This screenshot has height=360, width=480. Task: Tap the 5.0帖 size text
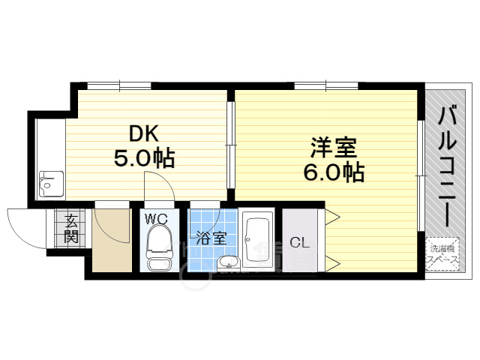pos(144,158)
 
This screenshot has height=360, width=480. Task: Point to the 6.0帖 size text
pos(334,172)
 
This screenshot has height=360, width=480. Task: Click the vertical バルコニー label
pos(448,169)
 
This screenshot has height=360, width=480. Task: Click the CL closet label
pos(298,242)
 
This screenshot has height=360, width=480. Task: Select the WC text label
pos(156,219)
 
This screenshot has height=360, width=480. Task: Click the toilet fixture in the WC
pos(157,247)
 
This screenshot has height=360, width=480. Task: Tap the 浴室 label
pos(211,239)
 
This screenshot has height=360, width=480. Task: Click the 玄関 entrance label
pos(71,228)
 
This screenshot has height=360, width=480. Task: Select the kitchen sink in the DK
pos(51,182)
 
